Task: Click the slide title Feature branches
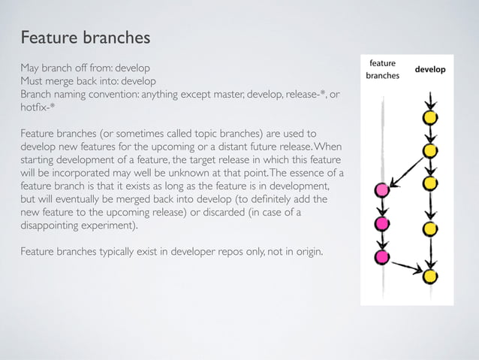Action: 86,37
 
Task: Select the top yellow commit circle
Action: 430,117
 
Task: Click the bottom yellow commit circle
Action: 430,277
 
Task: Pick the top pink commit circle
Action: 381,190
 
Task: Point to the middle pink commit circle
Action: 381,224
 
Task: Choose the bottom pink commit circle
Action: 381,258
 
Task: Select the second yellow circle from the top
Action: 430,150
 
